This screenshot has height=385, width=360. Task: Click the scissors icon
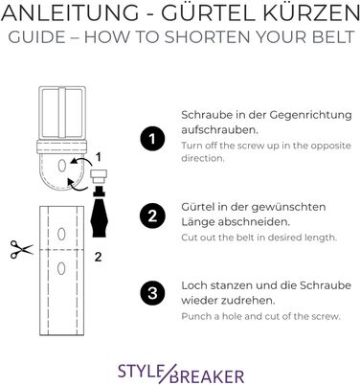point(21,249)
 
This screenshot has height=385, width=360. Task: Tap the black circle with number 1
point(152,139)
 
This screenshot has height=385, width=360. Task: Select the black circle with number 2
point(152,216)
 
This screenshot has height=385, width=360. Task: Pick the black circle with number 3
point(152,293)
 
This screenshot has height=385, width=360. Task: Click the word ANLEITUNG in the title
point(70,13)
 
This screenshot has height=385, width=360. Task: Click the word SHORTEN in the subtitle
point(208,37)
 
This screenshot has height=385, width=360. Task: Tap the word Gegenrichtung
point(310,116)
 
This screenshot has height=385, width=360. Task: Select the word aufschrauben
point(220,130)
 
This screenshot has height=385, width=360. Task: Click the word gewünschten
point(288,208)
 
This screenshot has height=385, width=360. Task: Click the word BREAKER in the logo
point(208,376)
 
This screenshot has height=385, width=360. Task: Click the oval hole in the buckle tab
point(62,166)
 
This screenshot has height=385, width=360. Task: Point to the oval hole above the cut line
point(61,234)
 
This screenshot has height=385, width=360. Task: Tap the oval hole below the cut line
point(61,268)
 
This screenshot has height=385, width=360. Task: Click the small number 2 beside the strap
point(98,257)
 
